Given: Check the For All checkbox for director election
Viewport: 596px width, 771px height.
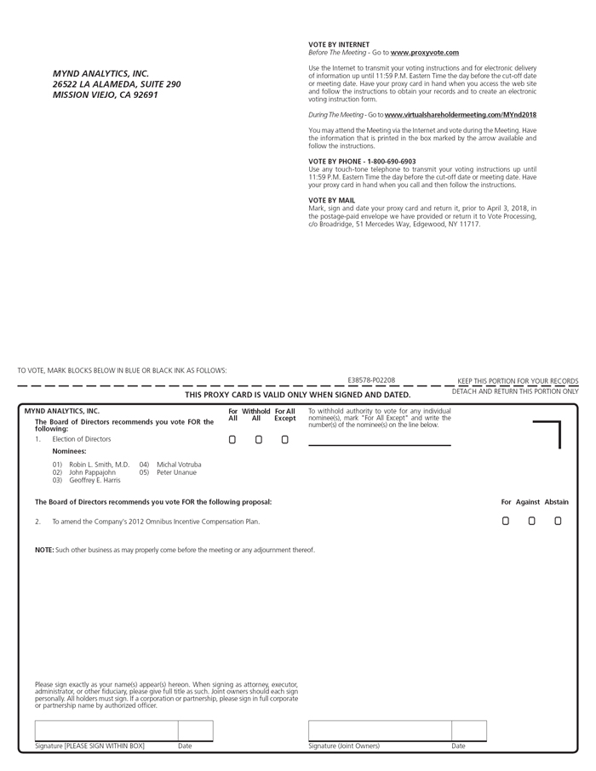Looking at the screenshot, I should (232, 440).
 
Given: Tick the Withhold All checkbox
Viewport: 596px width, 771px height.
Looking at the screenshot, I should (259, 440).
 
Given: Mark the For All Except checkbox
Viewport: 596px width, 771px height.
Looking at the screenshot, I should (285, 440).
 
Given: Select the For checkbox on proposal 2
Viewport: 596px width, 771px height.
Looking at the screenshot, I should (506, 521).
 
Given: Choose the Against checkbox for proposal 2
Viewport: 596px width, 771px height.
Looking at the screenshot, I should (531, 521).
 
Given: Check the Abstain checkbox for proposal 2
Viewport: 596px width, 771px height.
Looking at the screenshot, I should (558, 521).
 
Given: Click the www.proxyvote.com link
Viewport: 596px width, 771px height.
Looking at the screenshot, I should (425, 53).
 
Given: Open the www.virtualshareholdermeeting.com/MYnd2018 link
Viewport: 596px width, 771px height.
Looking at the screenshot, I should (460, 114).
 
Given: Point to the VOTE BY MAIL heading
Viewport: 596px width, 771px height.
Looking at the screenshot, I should (332, 201).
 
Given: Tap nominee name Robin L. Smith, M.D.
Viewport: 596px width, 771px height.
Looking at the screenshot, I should (99, 465).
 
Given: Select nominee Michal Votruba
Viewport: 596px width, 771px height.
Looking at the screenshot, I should (179, 465).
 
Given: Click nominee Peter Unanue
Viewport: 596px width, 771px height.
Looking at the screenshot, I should (176, 472).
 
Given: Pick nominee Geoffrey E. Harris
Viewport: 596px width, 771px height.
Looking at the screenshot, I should (95, 480).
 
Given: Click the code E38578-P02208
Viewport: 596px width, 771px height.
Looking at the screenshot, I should (371, 380).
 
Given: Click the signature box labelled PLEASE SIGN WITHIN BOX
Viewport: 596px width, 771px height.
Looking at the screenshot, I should (106, 730).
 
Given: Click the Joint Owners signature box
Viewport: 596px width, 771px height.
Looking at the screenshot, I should (379, 730).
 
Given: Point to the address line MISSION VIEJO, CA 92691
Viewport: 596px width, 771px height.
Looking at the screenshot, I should (105, 95).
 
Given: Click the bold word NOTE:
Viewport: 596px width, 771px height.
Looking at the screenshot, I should (44, 550).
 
